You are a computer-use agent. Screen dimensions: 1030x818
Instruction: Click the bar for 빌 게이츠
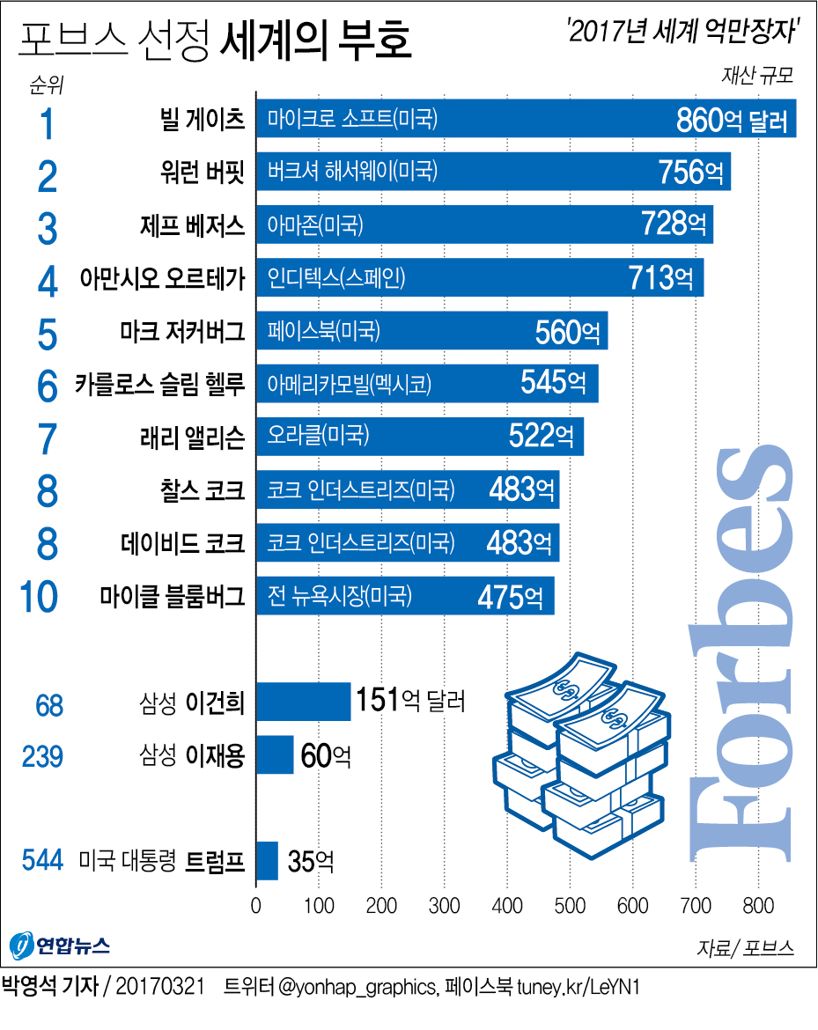(526, 119)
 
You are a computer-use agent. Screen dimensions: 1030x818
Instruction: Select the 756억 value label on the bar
(693, 173)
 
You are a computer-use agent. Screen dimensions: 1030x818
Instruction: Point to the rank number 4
(48, 281)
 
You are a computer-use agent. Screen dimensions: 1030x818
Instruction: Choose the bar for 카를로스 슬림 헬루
(427, 384)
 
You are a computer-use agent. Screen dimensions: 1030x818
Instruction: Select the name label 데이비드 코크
(182, 542)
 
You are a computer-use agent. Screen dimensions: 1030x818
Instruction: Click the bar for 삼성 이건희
(303, 702)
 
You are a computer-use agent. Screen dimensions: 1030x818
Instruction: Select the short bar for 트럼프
(267, 861)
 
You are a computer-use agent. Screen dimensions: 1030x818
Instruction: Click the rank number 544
(41, 860)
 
